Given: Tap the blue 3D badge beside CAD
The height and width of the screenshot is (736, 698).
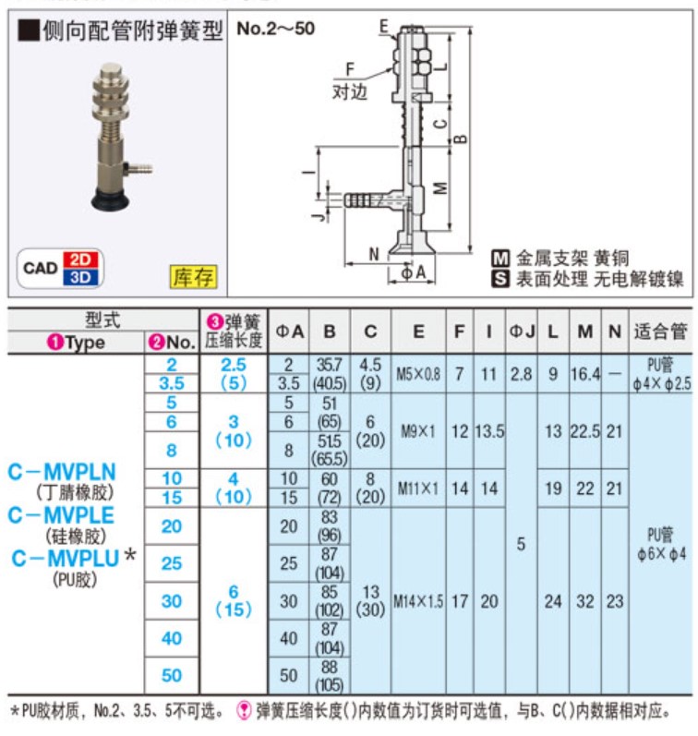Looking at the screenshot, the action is click(x=83, y=275).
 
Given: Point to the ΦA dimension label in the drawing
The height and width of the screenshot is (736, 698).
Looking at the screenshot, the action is click(x=414, y=273).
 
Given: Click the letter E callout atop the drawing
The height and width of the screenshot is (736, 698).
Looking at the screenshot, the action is click(x=384, y=27).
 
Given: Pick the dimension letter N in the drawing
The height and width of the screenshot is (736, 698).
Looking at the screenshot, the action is click(x=373, y=253).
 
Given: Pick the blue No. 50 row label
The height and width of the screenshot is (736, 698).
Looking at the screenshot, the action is click(x=172, y=675).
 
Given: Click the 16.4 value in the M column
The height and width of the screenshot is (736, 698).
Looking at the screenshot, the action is click(x=584, y=374).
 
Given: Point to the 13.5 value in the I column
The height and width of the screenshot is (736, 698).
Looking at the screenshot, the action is click(x=489, y=430).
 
